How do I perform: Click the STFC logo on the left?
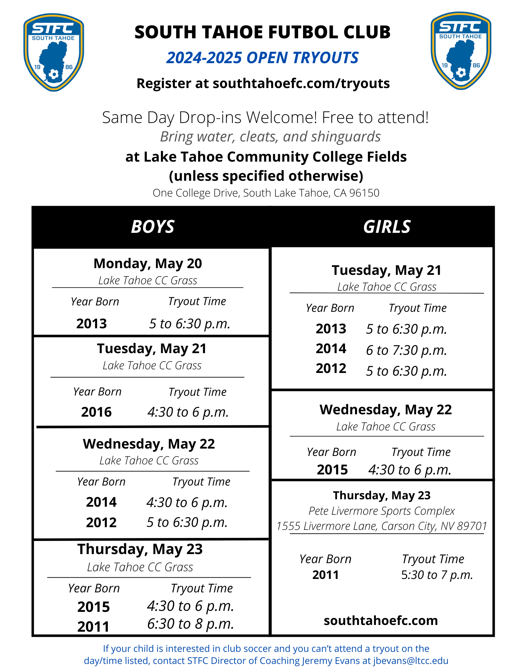(x=54, y=52)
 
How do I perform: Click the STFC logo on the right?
(x=461, y=51)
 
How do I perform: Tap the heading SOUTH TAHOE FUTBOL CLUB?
(x=262, y=32)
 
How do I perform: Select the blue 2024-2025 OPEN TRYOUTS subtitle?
(x=262, y=58)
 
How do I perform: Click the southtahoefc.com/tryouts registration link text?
(x=301, y=83)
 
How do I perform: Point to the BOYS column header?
(x=153, y=227)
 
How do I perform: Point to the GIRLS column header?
(x=387, y=227)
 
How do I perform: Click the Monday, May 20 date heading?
(x=148, y=264)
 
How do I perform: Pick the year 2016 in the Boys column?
(x=96, y=412)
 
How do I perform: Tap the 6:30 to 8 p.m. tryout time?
(x=190, y=624)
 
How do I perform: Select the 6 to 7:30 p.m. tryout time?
(x=406, y=350)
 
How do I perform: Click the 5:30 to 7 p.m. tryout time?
(x=437, y=575)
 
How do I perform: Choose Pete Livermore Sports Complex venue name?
(x=382, y=511)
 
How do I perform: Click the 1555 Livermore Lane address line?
(x=382, y=526)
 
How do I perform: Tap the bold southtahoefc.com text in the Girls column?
(x=381, y=621)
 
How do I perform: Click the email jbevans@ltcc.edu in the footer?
(x=410, y=661)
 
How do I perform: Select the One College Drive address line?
(x=266, y=193)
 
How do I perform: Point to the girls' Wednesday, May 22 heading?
(x=386, y=410)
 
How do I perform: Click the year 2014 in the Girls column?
(x=331, y=349)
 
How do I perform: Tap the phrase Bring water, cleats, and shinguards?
(x=270, y=137)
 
